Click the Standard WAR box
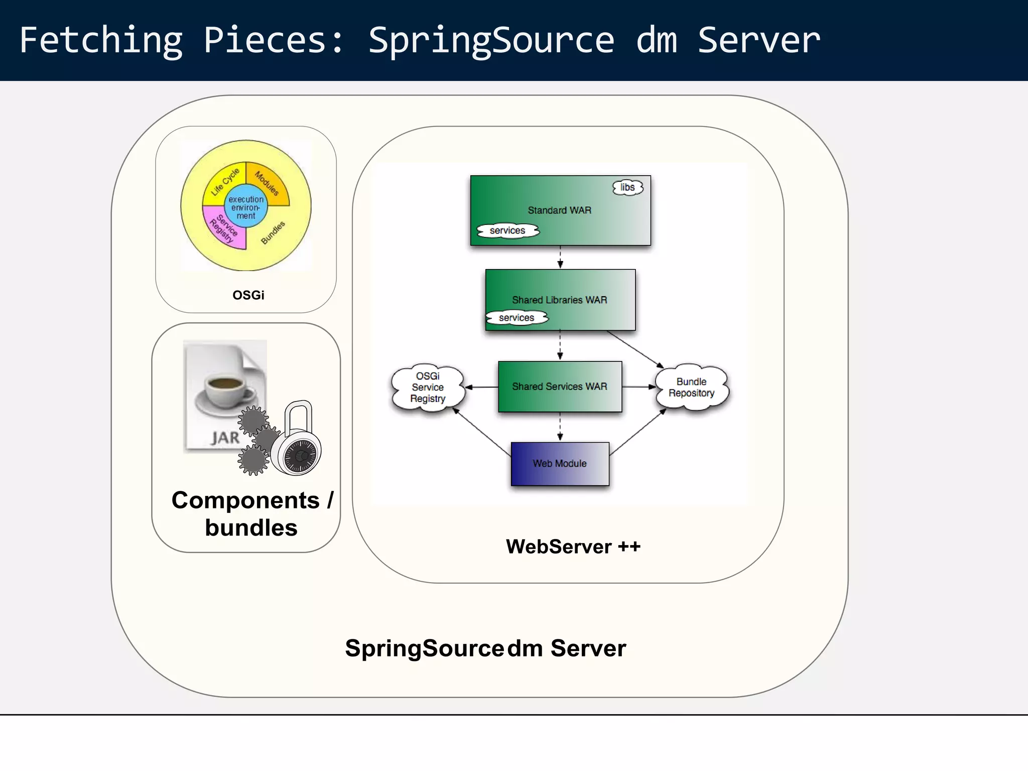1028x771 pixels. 560,210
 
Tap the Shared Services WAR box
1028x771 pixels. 560,387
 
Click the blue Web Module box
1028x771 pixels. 560,463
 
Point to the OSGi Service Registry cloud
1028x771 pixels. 428,387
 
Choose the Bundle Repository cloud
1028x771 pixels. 691,387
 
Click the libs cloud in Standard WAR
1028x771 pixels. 627,187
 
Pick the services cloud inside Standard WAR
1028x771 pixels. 507,230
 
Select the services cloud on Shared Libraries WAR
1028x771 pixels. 517,318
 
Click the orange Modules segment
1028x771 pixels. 269,183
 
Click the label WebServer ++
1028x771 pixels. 573,546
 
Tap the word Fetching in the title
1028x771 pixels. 100,40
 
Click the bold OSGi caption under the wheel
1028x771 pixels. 248,295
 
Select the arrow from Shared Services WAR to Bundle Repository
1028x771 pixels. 638,387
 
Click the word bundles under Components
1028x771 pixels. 251,528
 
